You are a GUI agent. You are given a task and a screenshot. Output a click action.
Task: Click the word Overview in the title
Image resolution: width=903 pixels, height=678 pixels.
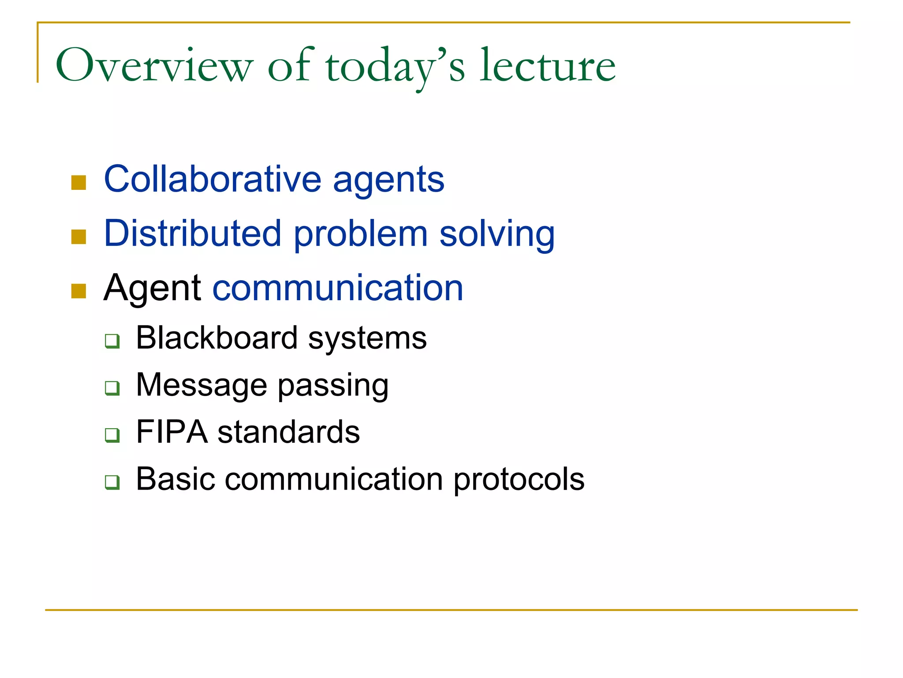point(154,66)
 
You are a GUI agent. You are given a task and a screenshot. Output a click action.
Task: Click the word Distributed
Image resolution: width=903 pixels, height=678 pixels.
point(193,234)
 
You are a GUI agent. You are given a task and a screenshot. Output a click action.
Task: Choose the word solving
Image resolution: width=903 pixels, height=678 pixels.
point(497,235)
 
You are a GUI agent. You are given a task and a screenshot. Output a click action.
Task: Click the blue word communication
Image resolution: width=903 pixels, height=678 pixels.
point(338,288)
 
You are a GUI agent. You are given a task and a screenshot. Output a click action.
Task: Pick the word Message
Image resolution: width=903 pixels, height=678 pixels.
point(201,385)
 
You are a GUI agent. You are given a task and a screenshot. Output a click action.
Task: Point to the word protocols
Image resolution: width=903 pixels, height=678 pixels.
point(519,480)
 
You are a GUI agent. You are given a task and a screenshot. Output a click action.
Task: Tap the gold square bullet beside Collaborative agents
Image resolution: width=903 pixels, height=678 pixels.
point(78,182)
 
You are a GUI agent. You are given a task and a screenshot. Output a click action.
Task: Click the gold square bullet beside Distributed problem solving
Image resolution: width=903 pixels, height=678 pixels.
point(78,237)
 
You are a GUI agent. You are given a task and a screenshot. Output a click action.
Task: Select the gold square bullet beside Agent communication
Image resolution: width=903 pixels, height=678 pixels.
point(78,291)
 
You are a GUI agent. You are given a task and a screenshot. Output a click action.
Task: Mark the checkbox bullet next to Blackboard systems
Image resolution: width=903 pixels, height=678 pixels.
point(112,341)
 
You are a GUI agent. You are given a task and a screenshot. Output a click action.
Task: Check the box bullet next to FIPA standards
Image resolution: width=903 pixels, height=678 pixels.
point(112,435)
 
